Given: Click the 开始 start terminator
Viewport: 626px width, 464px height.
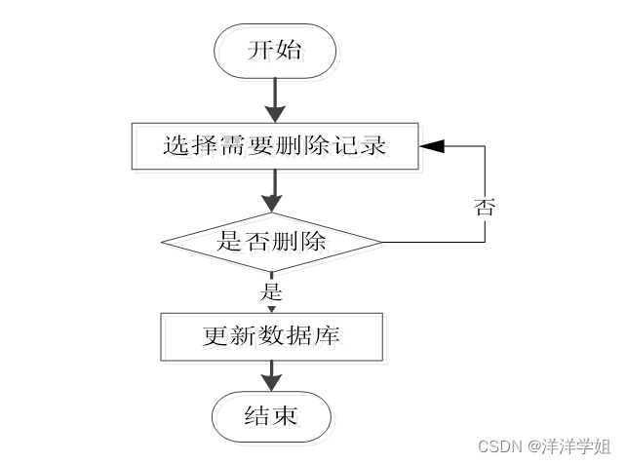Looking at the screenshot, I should click(276, 51).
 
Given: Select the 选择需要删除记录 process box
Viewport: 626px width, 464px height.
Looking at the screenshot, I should click(276, 146).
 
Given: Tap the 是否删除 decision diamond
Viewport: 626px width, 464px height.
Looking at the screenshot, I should click(271, 242).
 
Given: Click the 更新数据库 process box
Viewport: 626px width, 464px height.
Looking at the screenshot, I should click(270, 336).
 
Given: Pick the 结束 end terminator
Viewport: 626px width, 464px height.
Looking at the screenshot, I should click(271, 417).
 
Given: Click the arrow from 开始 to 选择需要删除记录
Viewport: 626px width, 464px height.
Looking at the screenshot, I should click(276, 99).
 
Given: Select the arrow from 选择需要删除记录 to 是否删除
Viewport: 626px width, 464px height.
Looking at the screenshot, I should click(276, 191).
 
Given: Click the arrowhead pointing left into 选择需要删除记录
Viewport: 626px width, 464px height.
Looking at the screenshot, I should click(432, 146).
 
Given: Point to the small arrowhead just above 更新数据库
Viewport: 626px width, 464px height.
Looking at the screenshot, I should click(271, 309).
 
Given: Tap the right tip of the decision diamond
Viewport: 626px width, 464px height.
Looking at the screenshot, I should click(379, 242).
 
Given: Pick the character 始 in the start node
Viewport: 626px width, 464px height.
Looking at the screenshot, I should click(290, 51).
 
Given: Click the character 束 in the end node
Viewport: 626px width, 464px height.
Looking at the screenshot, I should click(285, 417).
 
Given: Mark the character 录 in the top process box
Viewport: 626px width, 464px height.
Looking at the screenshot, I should click(374, 146).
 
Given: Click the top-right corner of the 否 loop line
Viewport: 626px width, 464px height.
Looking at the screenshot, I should click(485, 146).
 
